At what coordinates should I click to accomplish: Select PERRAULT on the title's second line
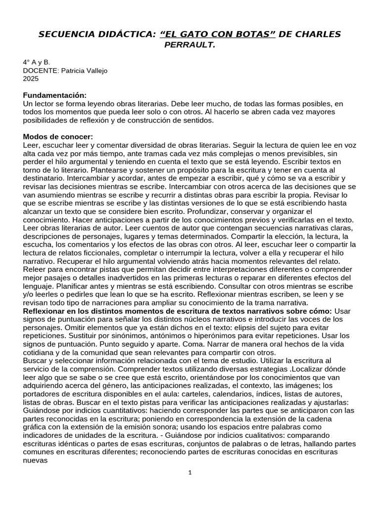click(190, 45)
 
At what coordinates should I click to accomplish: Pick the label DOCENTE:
click(41, 70)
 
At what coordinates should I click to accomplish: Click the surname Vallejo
click(95, 70)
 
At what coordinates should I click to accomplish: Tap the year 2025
click(30, 78)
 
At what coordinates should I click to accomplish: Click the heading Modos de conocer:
click(58, 136)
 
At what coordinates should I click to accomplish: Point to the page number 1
click(190, 472)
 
